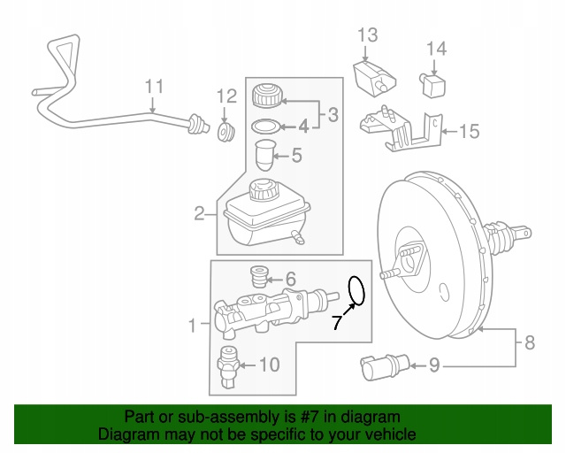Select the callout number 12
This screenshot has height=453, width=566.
coord(226,96)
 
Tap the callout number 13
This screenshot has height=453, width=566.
coord(367,35)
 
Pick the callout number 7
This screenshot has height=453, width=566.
coord(336,323)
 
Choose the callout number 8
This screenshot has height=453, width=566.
coord(530,342)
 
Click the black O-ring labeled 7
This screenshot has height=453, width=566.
coord(356,289)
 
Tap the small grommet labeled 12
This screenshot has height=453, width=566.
coord(226,132)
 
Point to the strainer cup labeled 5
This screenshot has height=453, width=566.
coord(264,157)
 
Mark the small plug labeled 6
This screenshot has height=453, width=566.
coord(259,277)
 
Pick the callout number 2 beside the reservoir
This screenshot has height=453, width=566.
coord(200,212)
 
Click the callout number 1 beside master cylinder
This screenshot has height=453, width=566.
coord(193,326)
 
